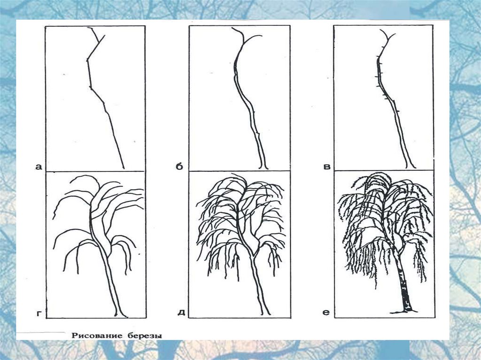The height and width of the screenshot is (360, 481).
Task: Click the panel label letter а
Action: click(39, 167)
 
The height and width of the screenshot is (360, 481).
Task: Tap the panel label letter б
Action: click(179, 166)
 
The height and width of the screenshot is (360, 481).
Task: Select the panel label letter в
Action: click(327, 167)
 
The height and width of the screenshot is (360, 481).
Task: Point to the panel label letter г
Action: click(39, 314)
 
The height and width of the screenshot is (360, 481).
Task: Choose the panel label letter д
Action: click(181, 313)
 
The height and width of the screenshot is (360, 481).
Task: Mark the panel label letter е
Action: click(326, 313)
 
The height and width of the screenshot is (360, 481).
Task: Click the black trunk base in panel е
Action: click(403, 311)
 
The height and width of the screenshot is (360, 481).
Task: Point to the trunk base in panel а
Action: click(124, 168)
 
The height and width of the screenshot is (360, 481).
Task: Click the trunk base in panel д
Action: click(266, 312)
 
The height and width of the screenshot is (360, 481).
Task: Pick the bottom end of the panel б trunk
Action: click(264, 167)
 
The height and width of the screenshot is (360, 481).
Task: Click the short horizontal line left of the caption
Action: click(41, 332)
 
